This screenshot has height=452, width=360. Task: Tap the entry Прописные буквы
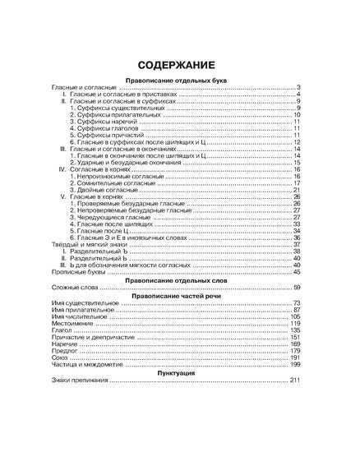tap(76, 274)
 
